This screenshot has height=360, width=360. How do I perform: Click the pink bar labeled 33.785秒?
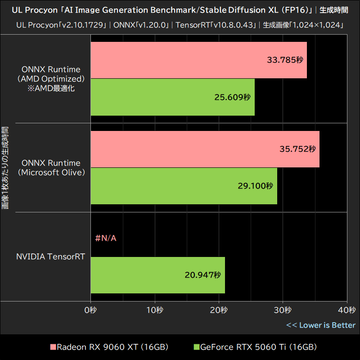(x=198, y=60)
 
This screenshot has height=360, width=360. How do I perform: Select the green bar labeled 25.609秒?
(x=172, y=97)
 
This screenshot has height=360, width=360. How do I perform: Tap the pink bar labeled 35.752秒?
(x=205, y=149)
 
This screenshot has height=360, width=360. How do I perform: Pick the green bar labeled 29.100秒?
(x=184, y=185)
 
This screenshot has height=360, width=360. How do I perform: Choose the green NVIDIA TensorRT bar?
(x=157, y=275)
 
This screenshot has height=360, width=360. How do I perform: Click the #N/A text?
(x=106, y=238)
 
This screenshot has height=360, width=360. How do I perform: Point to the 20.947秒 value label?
(x=202, y=274)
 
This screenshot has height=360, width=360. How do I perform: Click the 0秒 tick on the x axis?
(x=91, y=310)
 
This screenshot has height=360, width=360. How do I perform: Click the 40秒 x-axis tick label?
(x=346, y=310)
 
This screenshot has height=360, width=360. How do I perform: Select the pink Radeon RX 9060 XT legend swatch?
(x=53, y=347)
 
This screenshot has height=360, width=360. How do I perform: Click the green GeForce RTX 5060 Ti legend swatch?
(x=196, y=347)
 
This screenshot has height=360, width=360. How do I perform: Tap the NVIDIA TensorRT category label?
(x=50, y=257)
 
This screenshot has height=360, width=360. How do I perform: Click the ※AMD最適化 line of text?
(x=51, y=88)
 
